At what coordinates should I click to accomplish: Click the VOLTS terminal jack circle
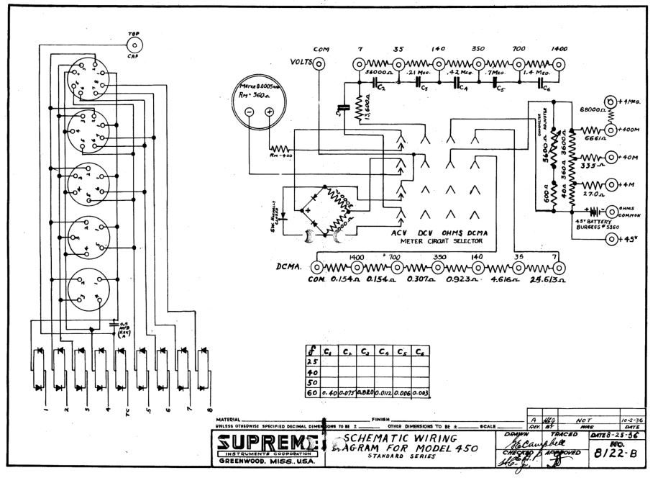tap(319, 63)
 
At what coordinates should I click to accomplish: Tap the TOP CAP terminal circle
tap(134, 45)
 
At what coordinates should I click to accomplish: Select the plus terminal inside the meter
tap(269, 112)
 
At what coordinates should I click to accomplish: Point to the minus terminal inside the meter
tap(249, 112)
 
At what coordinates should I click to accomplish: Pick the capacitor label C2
tap(382, 88)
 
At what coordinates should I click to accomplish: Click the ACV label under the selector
tap(399, 233)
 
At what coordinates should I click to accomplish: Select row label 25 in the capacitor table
tap(313, 362)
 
